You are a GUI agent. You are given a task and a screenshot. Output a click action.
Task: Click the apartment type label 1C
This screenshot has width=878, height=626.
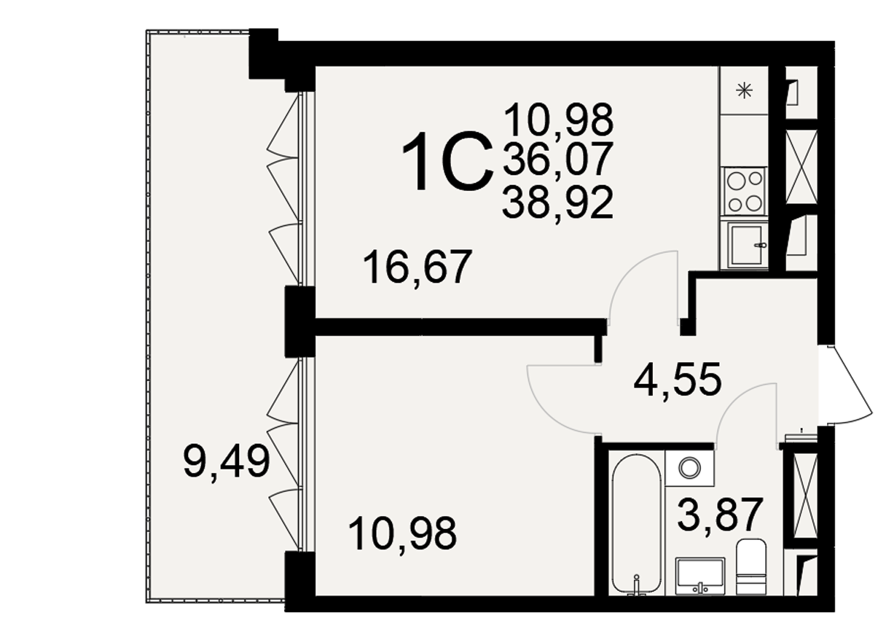447,162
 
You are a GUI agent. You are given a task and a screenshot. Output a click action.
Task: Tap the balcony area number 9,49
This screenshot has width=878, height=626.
227,462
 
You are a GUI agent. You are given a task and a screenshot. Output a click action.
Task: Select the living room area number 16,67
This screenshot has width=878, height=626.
418,267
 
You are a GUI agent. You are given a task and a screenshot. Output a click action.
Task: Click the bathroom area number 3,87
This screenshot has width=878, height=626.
721,515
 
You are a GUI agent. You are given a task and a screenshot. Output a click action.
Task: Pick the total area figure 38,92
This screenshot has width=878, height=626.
557,203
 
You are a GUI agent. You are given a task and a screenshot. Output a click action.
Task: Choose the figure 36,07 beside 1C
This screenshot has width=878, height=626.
557,159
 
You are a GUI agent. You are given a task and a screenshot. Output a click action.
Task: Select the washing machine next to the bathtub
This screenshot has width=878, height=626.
689,468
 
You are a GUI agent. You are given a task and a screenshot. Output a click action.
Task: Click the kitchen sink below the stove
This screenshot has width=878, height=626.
745,245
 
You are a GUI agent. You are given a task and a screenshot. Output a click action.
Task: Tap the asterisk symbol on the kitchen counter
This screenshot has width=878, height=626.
745,91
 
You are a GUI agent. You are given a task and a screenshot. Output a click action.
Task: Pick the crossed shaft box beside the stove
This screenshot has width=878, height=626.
801,167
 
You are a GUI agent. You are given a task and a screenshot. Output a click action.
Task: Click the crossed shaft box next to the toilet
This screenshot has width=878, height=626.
805,496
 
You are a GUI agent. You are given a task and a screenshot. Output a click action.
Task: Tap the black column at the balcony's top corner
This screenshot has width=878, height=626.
264,54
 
